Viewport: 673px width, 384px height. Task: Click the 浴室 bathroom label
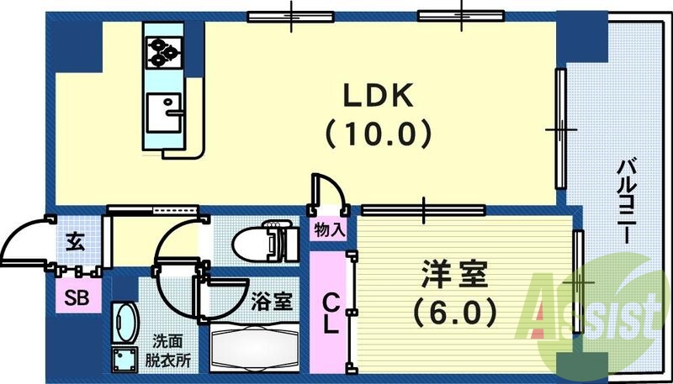[271, 300]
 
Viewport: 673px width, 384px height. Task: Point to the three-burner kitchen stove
[164, 53]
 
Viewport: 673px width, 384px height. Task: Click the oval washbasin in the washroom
[126, 323]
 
